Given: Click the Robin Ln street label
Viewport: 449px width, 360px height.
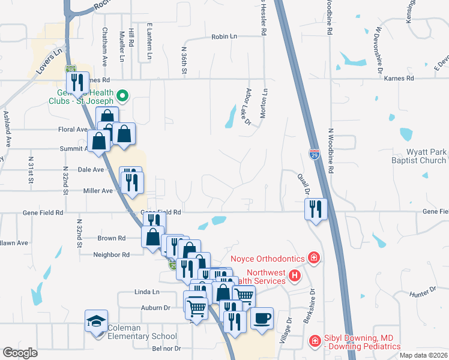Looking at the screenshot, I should pyautogui.click(x=224, y=37).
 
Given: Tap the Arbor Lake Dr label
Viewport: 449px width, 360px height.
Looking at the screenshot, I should pyautogui.click(x=247, y=107).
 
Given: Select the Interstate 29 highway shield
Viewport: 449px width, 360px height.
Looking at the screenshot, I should pyautogui.click(x=315, y=154).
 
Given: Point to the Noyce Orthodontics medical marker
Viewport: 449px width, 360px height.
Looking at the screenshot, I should pyautogui.click(x=313, y=259).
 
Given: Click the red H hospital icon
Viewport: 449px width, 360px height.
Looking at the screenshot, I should pyautogui.click(x=294, y=276).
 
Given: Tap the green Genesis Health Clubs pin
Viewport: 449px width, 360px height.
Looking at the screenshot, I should pyautogui.click(x=122, y=95).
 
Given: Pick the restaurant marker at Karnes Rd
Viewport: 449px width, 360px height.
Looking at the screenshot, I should pyautogui.click(x=76, y=83).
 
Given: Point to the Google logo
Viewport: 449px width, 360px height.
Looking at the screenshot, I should pyautogui.click(x=20, y=353).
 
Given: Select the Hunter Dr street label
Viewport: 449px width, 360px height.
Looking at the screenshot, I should pyautogui.click(x=423, y=292).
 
